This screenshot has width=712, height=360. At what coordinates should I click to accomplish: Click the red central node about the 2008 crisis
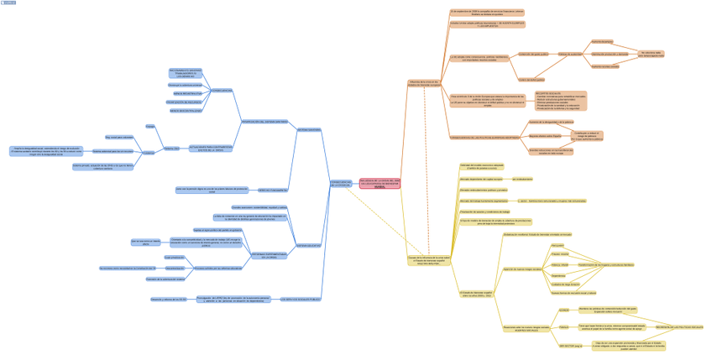(380, 183)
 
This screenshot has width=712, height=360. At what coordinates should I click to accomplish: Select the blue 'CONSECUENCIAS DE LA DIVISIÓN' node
(341, 183)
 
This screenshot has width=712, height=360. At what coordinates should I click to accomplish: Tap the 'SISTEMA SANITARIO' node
(308, 130)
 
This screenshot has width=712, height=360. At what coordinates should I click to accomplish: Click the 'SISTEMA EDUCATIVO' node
(308, 245)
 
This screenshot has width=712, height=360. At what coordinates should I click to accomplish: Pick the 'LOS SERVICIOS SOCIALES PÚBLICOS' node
(301, 299)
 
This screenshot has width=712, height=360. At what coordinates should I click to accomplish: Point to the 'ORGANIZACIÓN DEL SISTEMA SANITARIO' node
(264, 122)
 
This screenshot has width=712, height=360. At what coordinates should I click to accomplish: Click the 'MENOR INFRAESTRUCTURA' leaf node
(186, 93)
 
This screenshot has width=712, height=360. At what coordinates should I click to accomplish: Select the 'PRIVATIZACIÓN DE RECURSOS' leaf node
(183, 102)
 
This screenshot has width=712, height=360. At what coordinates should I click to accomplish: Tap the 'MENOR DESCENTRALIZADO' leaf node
(186, 110)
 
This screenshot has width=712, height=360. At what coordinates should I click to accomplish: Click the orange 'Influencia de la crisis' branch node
(423, 83)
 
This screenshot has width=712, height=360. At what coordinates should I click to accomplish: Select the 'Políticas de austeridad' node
(570, 54)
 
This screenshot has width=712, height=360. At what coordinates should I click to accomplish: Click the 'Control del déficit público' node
(531, 80)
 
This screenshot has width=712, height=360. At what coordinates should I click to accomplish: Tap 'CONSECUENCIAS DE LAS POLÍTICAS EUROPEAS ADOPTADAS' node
(484, 137)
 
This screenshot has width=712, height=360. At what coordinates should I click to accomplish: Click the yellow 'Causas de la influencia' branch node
(429, 260)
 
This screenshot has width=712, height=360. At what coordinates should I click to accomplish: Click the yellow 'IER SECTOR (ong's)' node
(570, 346)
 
